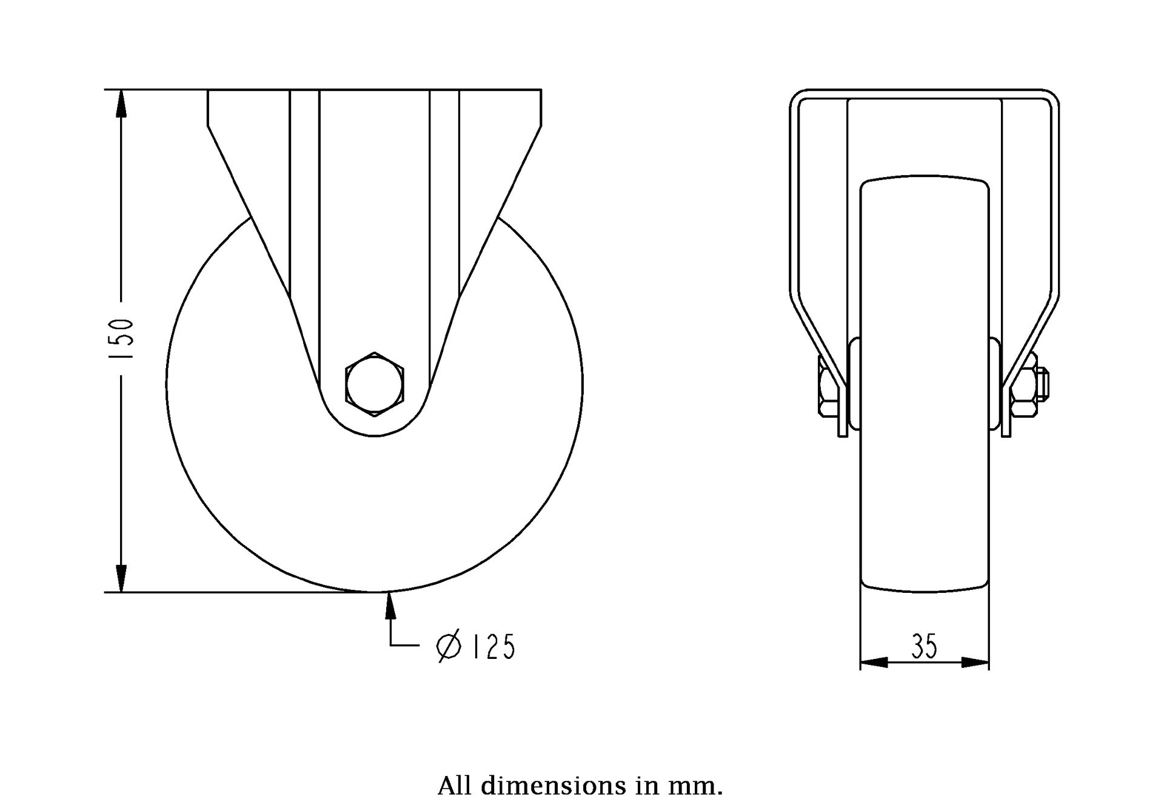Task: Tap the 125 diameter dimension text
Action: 493,647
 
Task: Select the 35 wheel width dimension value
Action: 924,646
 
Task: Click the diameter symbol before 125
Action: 449,647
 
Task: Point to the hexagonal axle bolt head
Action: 375,384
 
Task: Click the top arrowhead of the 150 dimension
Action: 121,103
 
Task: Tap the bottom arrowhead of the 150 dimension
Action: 121,578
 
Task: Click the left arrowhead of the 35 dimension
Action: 874,663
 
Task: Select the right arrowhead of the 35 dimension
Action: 975,663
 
